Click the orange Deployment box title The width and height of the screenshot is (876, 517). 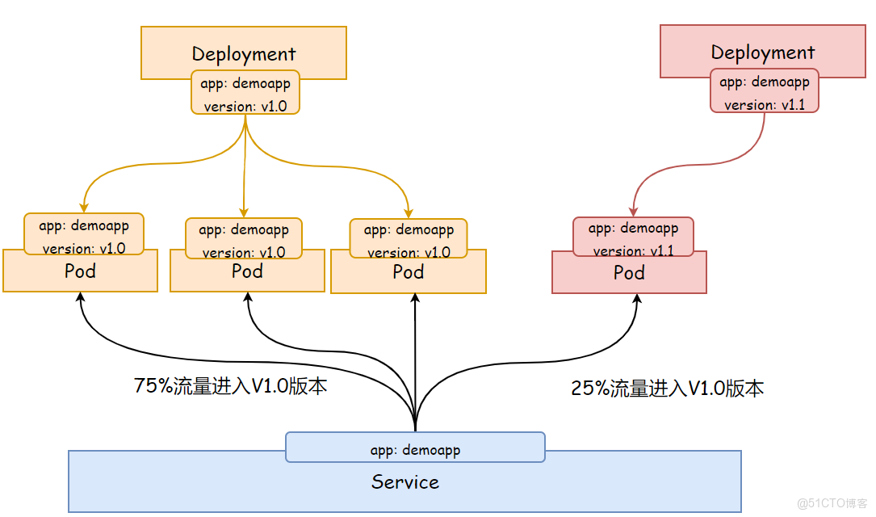coord(244,54)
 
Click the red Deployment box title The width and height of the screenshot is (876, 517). coord(763,53)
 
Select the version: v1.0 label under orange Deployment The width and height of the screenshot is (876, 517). coord(245,106)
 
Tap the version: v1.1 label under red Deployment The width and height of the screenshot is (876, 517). coord(765,105)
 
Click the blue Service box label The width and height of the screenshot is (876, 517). coord(405,482)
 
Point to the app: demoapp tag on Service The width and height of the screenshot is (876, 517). coord(415,449)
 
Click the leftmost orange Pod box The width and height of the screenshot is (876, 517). coord(80,271)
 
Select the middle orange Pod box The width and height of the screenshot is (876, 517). coord(247,271)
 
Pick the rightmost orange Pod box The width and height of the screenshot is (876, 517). coord(409,272)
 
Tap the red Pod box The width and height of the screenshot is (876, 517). coord(629,273)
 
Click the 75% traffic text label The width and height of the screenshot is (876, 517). coord(230,386)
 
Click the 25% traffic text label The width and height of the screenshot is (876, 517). coord(667,389)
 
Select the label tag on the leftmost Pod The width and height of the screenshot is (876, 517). coord(84,233)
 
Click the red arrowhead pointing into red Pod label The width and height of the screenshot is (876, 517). coord(630,211)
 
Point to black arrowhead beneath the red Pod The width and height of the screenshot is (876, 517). coord(637,300)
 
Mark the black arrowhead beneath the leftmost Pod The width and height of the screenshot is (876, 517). coord(80,297)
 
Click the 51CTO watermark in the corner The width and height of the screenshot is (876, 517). coord(832,503)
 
